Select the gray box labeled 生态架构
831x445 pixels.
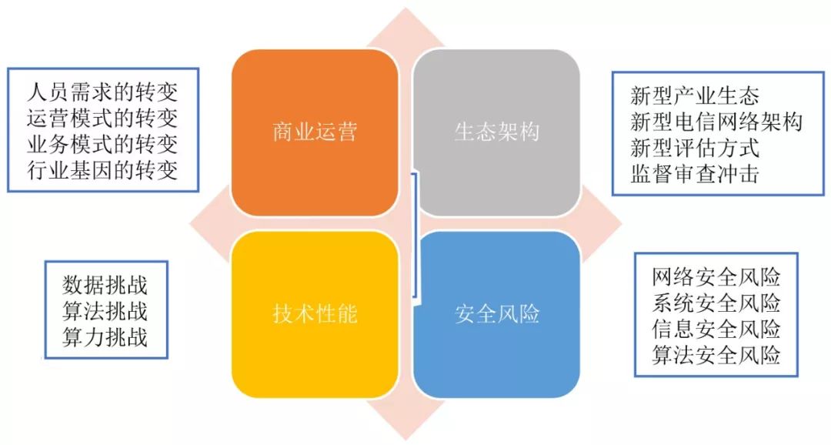point(496,132)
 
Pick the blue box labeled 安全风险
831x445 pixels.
point(496,314)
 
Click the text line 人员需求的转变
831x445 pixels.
point(102,93)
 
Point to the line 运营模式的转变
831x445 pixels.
point(102,119)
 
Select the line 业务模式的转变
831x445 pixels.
point(102,144)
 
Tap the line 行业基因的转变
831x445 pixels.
point(102,169)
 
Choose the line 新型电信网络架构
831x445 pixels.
point(716,122)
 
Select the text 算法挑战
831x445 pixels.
point(105,311)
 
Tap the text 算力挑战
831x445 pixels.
point(105,337)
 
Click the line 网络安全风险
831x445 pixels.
point(716,276)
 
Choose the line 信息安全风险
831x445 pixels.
point(716,329)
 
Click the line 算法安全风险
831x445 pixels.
point(716,354)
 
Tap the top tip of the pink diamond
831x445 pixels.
point(405,9)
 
